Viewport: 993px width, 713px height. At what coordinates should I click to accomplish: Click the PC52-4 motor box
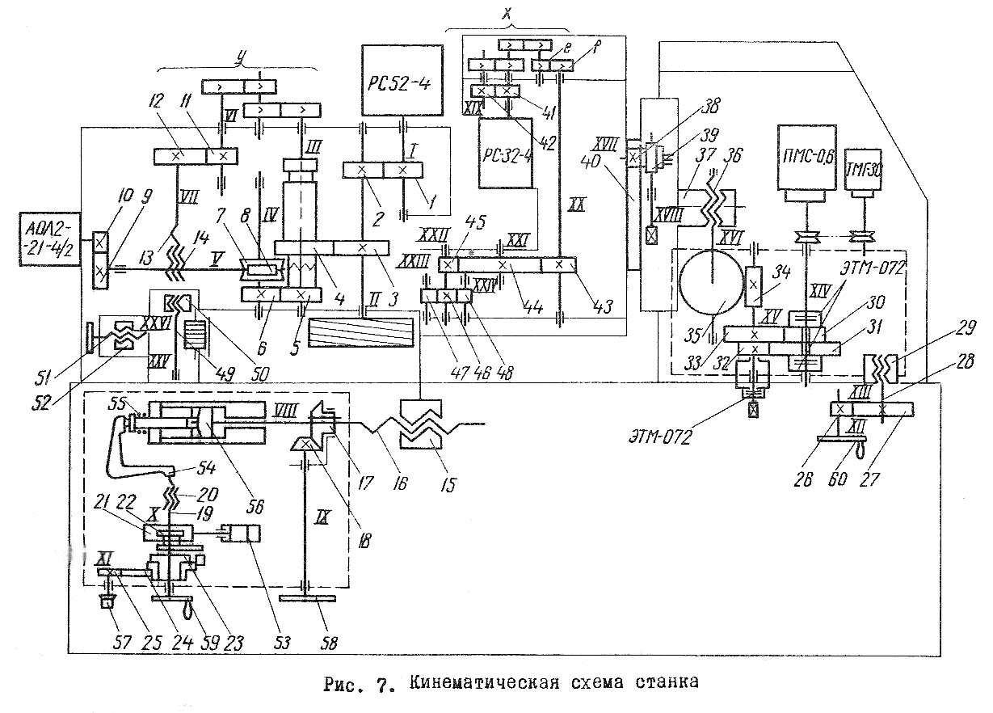[x=403, y=81]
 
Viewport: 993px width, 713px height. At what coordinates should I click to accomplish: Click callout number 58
[x=329, y=644]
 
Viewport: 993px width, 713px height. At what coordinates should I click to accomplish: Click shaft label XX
[x=577, y=205]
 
